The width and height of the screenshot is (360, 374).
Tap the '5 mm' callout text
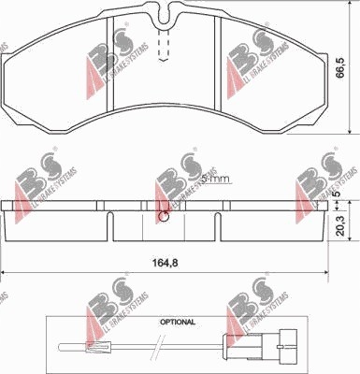point(214,180)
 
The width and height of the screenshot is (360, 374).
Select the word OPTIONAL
point(177,321)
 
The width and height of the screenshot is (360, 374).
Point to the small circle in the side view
point(166,218)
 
